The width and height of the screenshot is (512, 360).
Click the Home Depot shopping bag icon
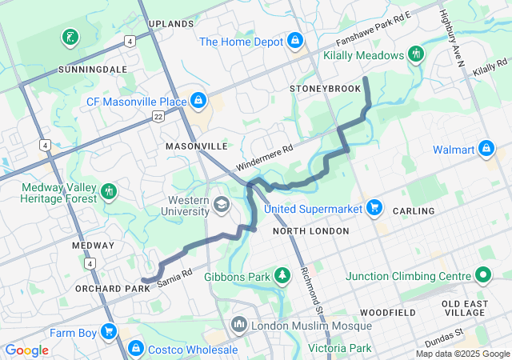coord(295,39)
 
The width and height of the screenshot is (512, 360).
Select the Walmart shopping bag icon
coord(486,149)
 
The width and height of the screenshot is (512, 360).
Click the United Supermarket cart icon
coord(374,208)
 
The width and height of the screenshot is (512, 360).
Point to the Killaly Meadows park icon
coord(415,54)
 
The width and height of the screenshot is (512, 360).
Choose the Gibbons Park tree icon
coord(282,276)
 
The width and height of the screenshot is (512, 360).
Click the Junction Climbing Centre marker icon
coord(482,276)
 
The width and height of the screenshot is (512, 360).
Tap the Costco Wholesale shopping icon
coord(136,349)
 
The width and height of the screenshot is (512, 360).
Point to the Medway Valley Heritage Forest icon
coord(109,192)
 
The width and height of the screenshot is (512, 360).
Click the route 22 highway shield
coord(158,117)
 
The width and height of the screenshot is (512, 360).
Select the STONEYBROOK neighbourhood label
coord(326,88)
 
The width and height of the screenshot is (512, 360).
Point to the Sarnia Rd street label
coord(175,278)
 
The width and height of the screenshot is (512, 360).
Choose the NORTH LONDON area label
coord(310,231)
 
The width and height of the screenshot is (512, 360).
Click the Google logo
coord(26,350)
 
